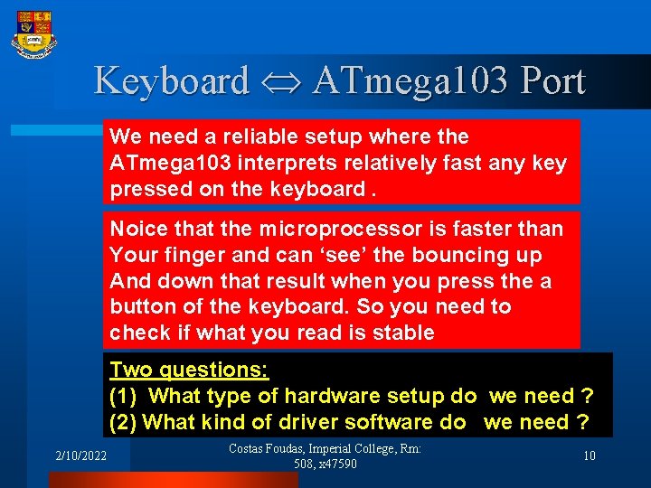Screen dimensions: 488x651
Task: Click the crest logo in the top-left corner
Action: pyautogui.click(x=34, y=33)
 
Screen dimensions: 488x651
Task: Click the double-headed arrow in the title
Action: pyautogui.click(x=279, y=81)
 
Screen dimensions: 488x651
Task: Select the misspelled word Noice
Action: pyautogui.click(x=136, y=230)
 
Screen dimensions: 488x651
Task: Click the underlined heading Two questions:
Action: pyautogui.click(x=190, y=370)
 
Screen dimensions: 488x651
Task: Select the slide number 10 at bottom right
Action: pyautogui.click(x=590, y=456)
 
